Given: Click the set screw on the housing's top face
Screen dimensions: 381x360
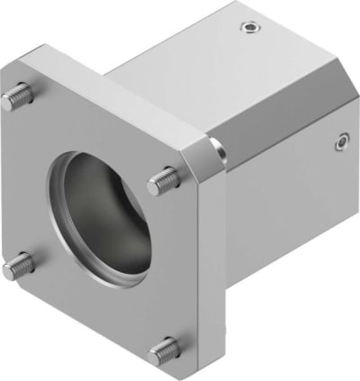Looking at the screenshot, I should click(249, 27).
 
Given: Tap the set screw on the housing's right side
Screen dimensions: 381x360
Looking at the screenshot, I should click(341, 141).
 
